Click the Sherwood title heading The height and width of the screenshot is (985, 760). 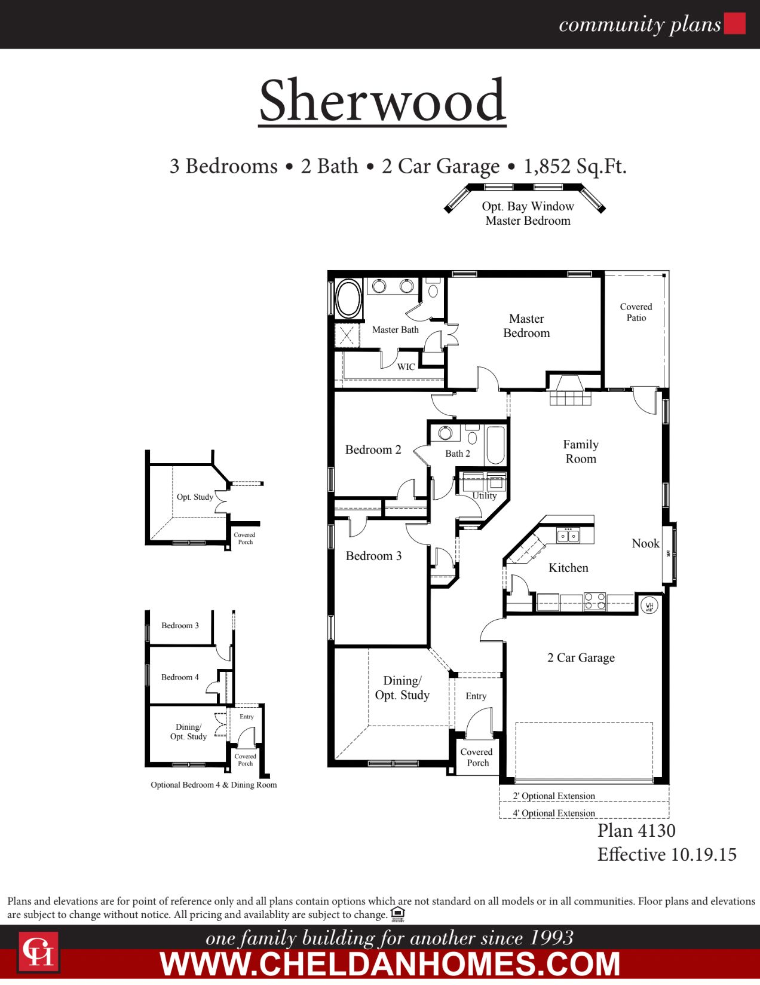click(x=382, y=100)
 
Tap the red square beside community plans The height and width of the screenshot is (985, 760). click(x=734, y=23)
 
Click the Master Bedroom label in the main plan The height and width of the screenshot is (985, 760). click(x=526, y=326)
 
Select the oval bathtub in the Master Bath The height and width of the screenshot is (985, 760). click(x=348, y=298)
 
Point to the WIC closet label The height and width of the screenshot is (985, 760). click(x=406, y=367)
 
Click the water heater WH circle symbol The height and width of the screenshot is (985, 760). click(x=649, y=605)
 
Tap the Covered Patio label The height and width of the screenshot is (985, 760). click(x=636, y=312)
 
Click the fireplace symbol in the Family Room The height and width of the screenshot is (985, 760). click(x=571, y=391)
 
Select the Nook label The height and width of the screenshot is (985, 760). click(x=645, y=543)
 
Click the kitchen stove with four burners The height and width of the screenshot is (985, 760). click(x=594, y=601)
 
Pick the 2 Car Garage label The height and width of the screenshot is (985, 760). click(x=581, y=657)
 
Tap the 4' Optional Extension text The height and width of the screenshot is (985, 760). click(x=554, y=813)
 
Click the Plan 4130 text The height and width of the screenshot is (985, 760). click(x=636, y=830)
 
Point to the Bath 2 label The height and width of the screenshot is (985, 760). click(x=458, y=454)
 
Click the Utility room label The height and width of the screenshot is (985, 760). click(x=484, y=495)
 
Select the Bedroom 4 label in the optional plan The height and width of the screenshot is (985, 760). click(x=180, y=677)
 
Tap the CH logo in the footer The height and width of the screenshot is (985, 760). click(x=38, y=952)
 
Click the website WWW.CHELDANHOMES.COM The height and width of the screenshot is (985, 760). click(x=390, y=964)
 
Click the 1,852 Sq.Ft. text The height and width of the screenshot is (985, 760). click(x=575, y=166)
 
